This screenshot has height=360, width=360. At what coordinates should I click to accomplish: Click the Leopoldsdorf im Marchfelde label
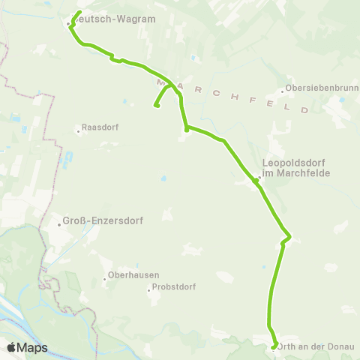(296, 167)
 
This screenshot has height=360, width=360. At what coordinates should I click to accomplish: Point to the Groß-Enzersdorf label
(103, 221)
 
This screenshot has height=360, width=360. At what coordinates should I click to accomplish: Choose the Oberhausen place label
(134, 275)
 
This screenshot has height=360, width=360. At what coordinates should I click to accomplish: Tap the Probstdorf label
(174, 287)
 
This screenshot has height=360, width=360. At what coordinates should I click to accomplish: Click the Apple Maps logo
(27, 347)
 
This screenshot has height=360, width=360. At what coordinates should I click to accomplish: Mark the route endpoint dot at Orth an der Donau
(273, 346)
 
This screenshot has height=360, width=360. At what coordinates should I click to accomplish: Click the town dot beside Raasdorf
(78, 132)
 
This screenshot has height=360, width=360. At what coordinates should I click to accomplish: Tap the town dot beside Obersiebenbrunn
(283, 92)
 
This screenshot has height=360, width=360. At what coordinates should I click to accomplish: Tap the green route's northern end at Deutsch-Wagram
(79, 12)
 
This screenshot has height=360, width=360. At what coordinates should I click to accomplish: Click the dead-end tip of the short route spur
(156, 106)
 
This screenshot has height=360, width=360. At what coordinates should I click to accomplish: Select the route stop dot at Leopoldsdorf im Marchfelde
(256, 180)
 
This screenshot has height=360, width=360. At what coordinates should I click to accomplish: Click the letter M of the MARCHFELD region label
(161, 79)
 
